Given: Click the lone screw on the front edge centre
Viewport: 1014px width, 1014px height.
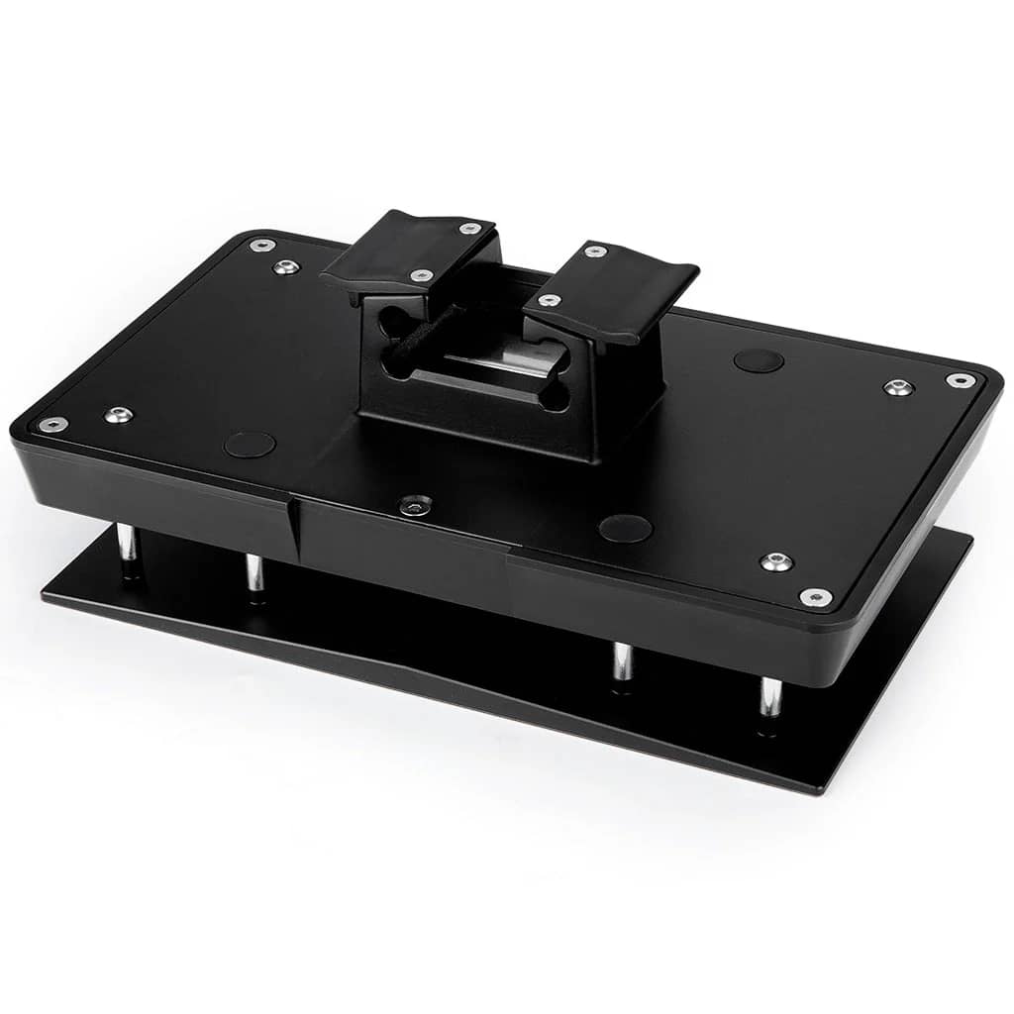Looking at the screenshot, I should pyautogui.click(x=416, y=505).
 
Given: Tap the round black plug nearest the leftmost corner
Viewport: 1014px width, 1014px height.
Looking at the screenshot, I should pyautogui.click(x=250, y=444).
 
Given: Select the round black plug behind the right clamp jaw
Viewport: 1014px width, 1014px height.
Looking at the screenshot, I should pyautogui.click(x=759, y=360).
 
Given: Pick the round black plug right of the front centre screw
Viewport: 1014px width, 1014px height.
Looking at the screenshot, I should pyautogui.click(x=626, y=528).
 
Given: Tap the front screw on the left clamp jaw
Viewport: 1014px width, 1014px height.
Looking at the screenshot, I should pyautogui.click(x=421, y=275).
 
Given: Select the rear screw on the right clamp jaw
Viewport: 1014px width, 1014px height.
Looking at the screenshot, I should pyautogui.click(x=594, y=252).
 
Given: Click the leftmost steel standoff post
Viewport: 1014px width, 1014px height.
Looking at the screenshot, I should pyautogui.click(x=128, y=545).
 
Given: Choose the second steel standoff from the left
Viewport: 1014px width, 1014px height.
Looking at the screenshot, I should pyautogui.click(x=254, y=573).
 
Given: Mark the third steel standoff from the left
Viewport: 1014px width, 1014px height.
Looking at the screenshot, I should pyautogui.click(x=622, y=661).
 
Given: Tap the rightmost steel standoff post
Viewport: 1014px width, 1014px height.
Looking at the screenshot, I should pyautogui.click(x=769, y=697).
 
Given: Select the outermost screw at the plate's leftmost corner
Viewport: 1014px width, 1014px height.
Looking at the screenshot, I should pyautogui.click(x=52, y=424).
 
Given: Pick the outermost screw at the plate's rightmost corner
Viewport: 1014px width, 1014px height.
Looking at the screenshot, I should pyautogui.click(x=960, y=380).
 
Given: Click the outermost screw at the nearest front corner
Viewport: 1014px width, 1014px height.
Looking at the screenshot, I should pyautogui.click(x=815, y=596).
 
